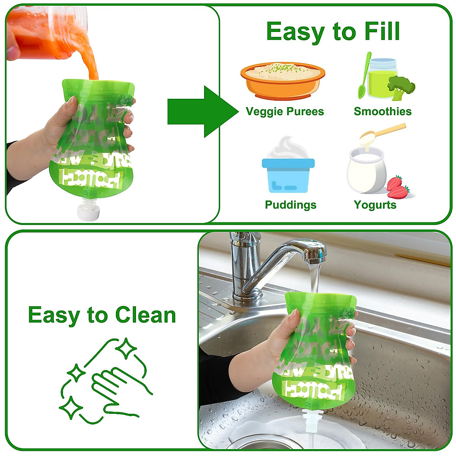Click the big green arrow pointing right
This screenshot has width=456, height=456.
pyautogui.click(x=199, y=112)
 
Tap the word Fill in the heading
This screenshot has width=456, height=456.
pyautogui.click(x=382, y=31)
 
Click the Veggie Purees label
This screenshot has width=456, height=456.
pyautogui.click(x=285, y=111)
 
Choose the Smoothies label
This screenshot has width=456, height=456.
pyautogui.click(x=382, y=111)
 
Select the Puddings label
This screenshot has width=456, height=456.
pyautogui.click(x=290, y=205)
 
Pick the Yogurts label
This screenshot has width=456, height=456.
pyautogui.click(x=375, y=205)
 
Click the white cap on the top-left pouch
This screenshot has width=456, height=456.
pyautogui.click(x=88, y=212)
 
